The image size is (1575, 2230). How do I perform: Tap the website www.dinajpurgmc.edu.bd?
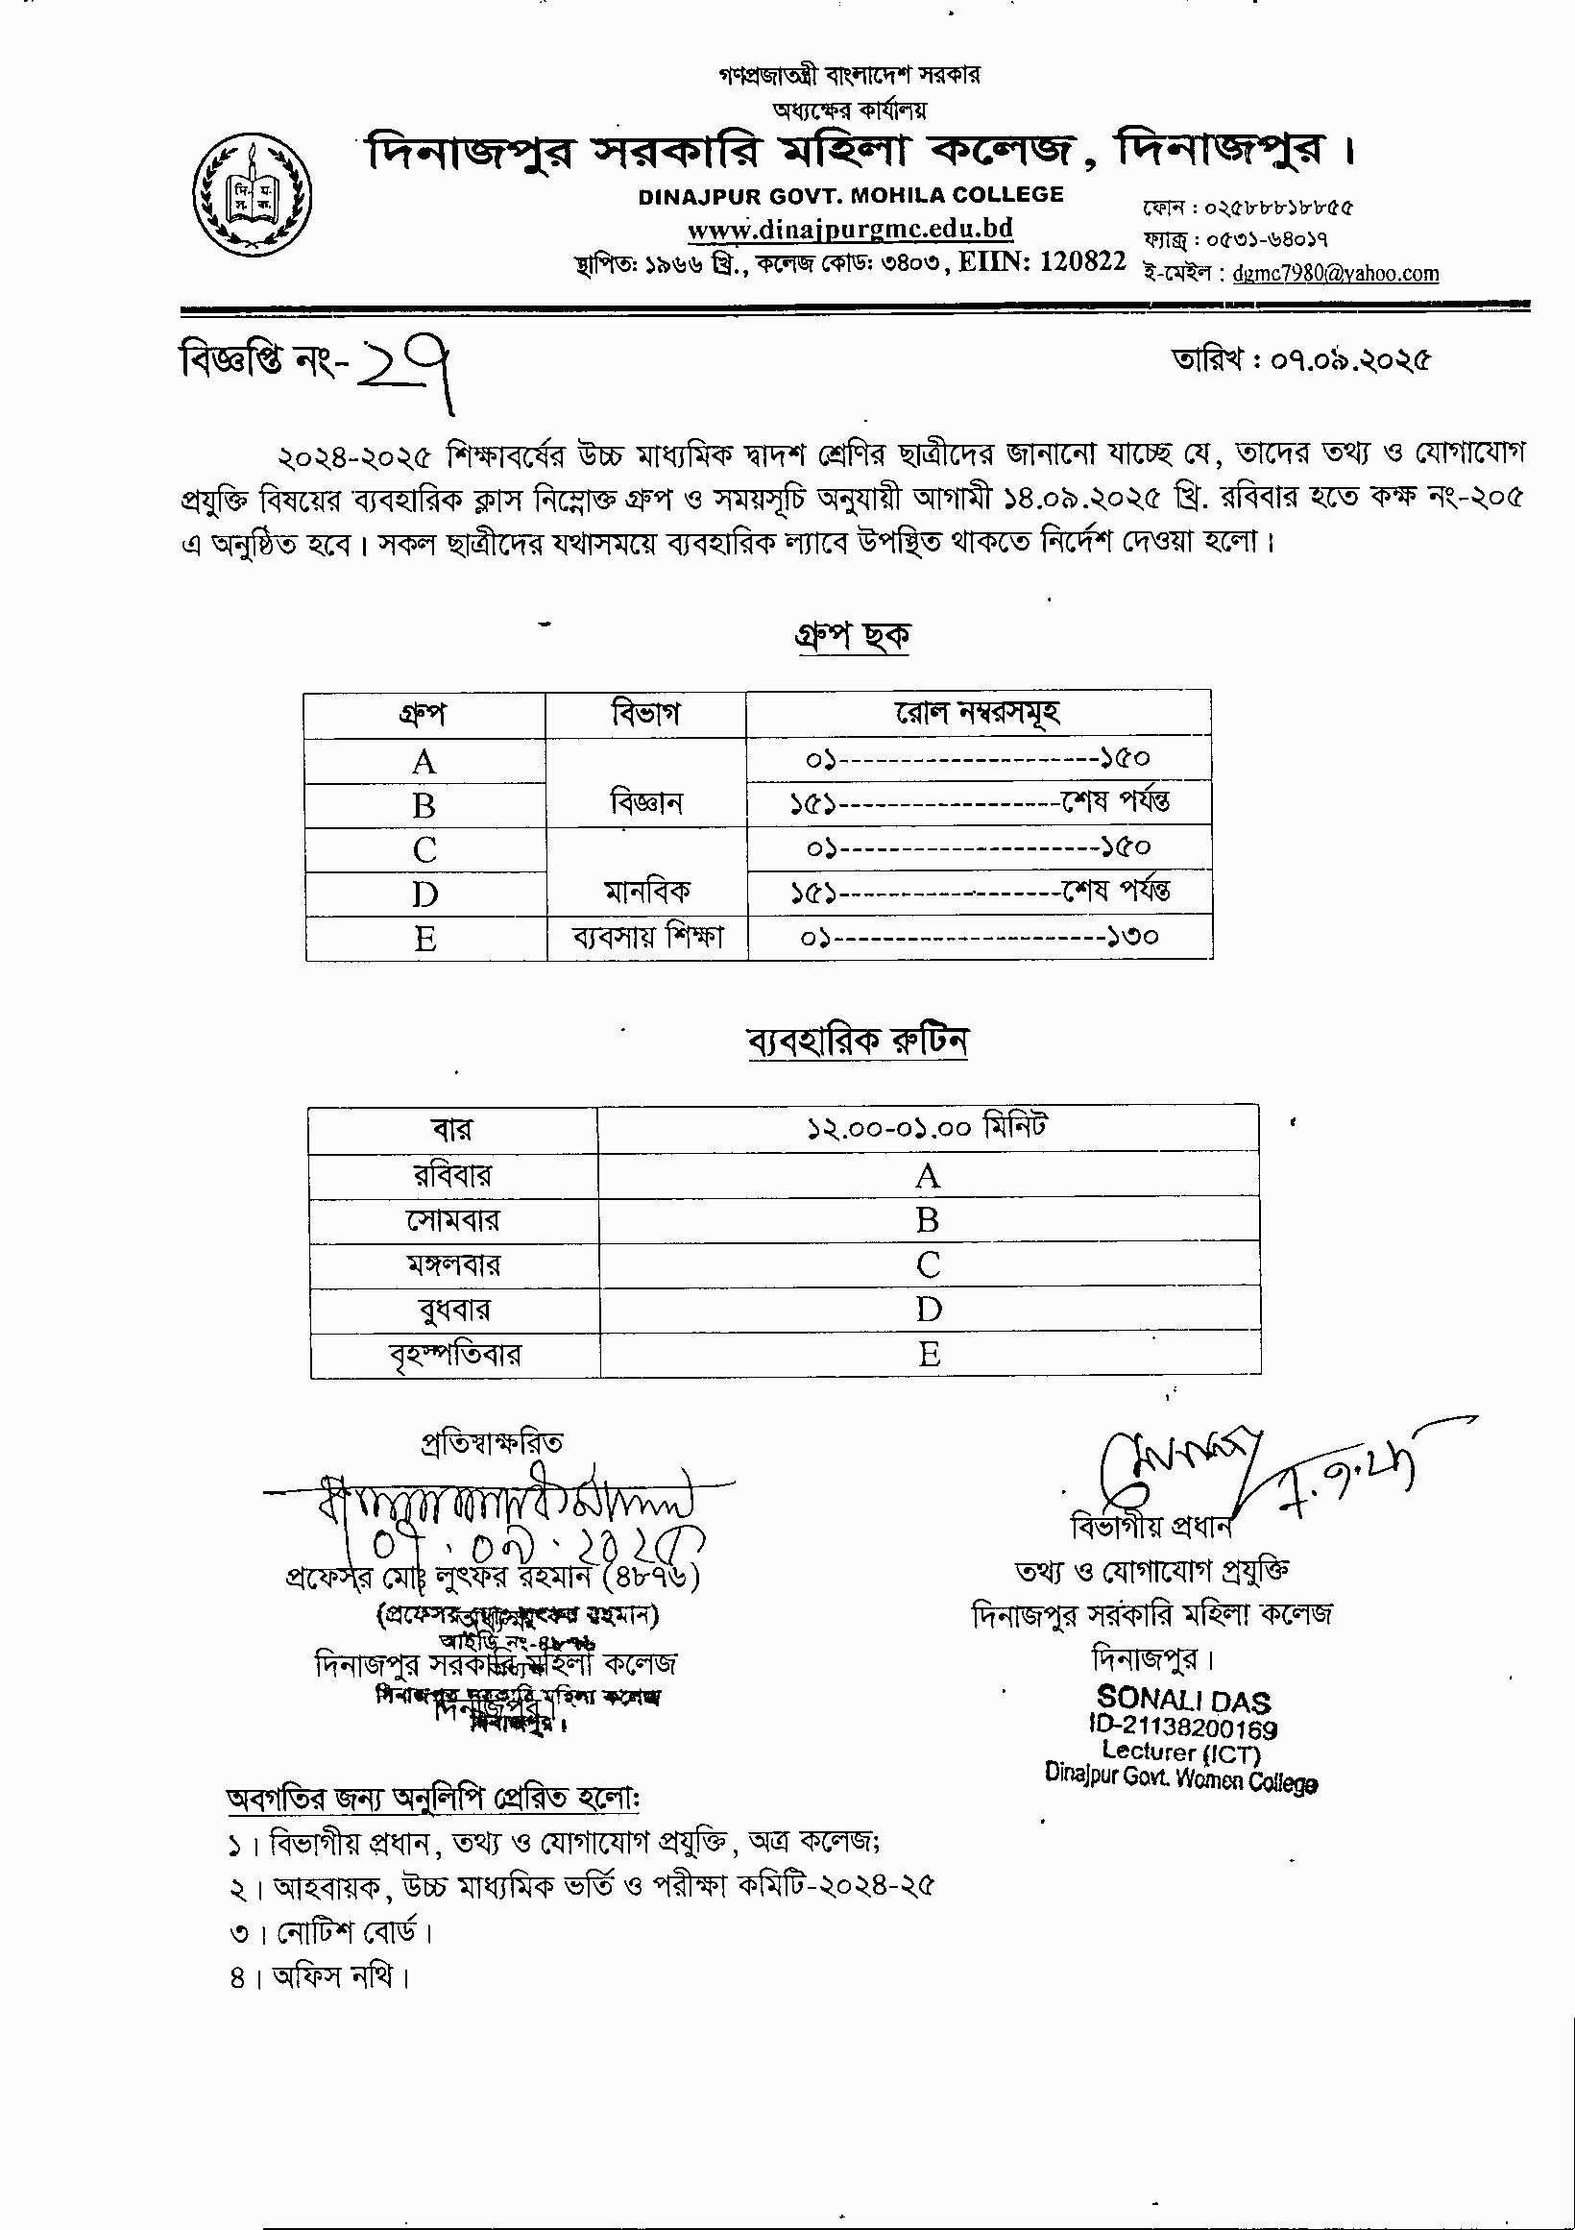850,230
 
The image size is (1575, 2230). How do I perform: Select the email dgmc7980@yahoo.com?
1335,274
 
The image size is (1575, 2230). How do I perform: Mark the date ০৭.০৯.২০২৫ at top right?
1349,360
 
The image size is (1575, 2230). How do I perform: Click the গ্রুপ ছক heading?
848,636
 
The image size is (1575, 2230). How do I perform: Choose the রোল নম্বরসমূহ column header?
977,714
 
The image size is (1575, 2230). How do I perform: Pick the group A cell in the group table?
424,762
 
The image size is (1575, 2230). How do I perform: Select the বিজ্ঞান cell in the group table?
646,802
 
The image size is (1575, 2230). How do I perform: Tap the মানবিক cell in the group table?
646,891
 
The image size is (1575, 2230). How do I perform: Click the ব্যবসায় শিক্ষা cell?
646,938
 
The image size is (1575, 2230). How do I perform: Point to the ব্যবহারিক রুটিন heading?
857,1042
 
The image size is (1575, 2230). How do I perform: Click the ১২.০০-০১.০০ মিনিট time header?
928,1129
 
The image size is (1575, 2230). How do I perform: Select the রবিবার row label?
452,1175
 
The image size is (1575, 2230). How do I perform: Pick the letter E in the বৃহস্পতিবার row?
930,1354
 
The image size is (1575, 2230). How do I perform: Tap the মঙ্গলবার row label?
453,1264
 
